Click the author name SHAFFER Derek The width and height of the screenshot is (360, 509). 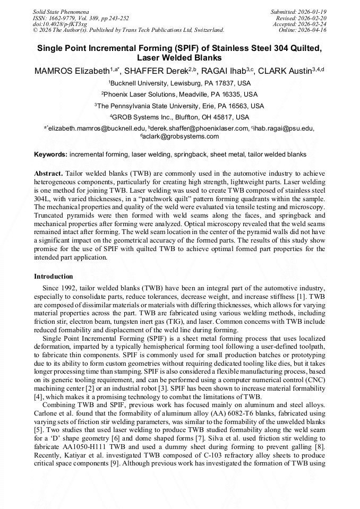click(x=153, y=71)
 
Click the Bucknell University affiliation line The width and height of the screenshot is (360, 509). click(x=179, y=83)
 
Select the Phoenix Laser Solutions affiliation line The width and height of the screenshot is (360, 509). click(x=179, y=94)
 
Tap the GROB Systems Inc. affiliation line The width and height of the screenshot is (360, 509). click(x=179, y=117)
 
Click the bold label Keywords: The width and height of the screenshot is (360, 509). click(x=50, y=154)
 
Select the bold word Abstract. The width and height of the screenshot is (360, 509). click(x=48, y=174)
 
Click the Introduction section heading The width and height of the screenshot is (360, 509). click(x=54, y=277)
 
